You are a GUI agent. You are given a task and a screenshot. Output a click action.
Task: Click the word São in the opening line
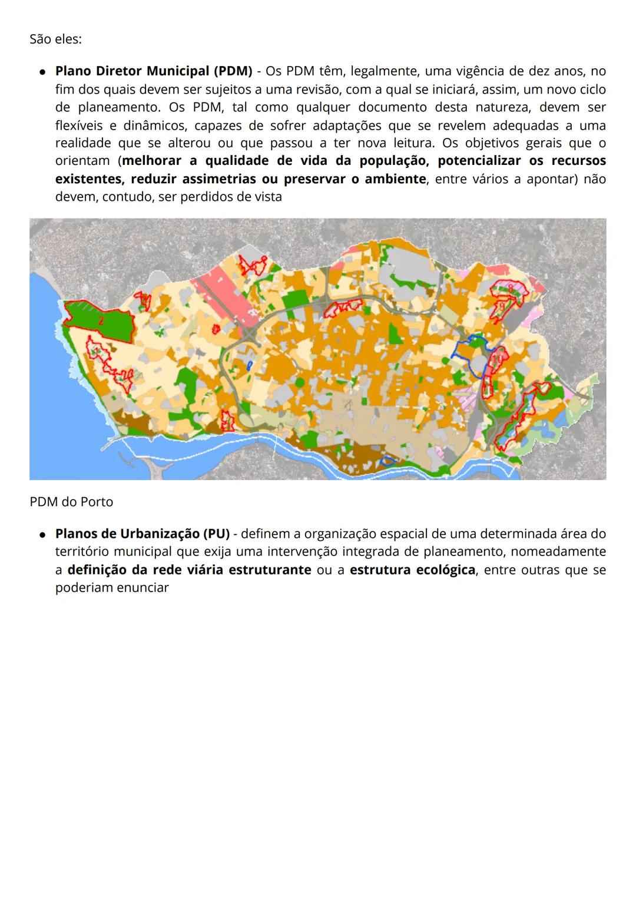tap(40, 39)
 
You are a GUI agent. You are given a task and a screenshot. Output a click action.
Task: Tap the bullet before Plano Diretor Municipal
tap(42, 72)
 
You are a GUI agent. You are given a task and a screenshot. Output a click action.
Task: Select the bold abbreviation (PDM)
tap(233, 71)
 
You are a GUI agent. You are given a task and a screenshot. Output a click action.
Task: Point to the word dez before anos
tap(537, 71)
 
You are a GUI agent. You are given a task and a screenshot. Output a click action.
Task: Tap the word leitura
tap(415, 143)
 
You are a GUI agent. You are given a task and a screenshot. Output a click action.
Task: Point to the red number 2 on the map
tap(101, 321)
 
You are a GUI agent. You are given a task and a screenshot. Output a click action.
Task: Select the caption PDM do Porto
tap(71, 502)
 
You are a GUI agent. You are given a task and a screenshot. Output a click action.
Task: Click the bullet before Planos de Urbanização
tap(42, 534)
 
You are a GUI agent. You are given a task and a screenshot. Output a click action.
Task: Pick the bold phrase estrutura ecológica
tap(412, 570)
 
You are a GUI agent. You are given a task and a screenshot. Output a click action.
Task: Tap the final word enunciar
tap(142, 587)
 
